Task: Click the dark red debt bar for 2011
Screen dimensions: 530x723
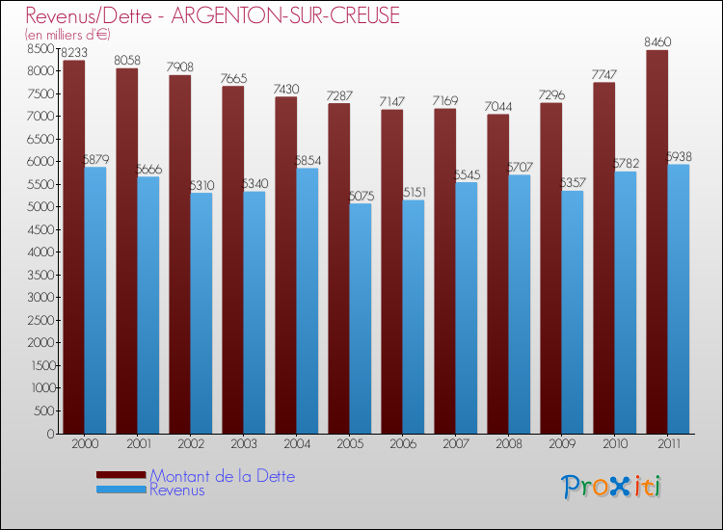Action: (x=657, y=241)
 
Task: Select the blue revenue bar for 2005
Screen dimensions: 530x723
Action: (x=361, y=318)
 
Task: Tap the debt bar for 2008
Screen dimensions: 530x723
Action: (x=498, y=274)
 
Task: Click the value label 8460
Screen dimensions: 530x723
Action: (x=657, y=42)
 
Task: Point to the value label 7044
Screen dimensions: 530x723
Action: (x=498, y=107)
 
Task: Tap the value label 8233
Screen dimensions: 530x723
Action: (x=74, y=53)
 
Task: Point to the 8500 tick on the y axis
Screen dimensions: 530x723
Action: (x=40, y=48)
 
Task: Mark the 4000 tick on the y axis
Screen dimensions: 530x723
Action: (x=40, y=252)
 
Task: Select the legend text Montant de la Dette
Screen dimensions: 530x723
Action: (x=222, y=476)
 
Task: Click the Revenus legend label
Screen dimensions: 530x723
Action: (x=177, y=490)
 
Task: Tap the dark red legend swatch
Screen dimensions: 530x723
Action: (x=121, y=475)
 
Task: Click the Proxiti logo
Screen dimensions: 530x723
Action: (x=611, y=487)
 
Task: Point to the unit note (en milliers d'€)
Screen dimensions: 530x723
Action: (x=67, y=34)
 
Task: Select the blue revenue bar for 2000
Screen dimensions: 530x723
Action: (x=95, y=301)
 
